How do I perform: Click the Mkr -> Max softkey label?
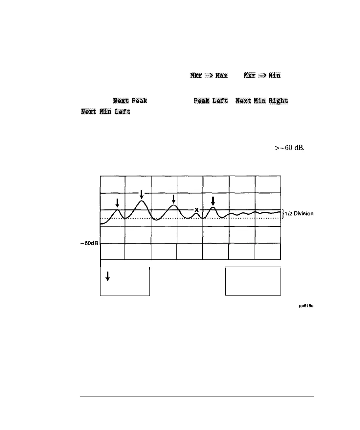[209, 75]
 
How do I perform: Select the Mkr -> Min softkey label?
[262, 75]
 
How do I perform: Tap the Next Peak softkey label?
[130, 101]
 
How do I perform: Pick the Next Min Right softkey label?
[262, 101]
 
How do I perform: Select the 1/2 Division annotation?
[299, 214]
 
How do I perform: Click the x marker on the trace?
[196, 209]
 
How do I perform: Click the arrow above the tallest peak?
[142, 194]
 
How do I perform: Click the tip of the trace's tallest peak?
[142, 201]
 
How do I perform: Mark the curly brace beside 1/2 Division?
[283, 214]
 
